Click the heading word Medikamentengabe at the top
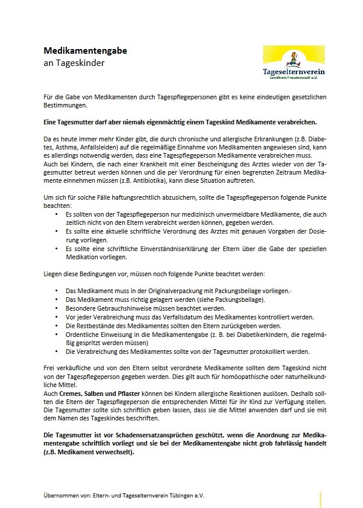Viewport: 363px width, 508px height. (85, 51)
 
